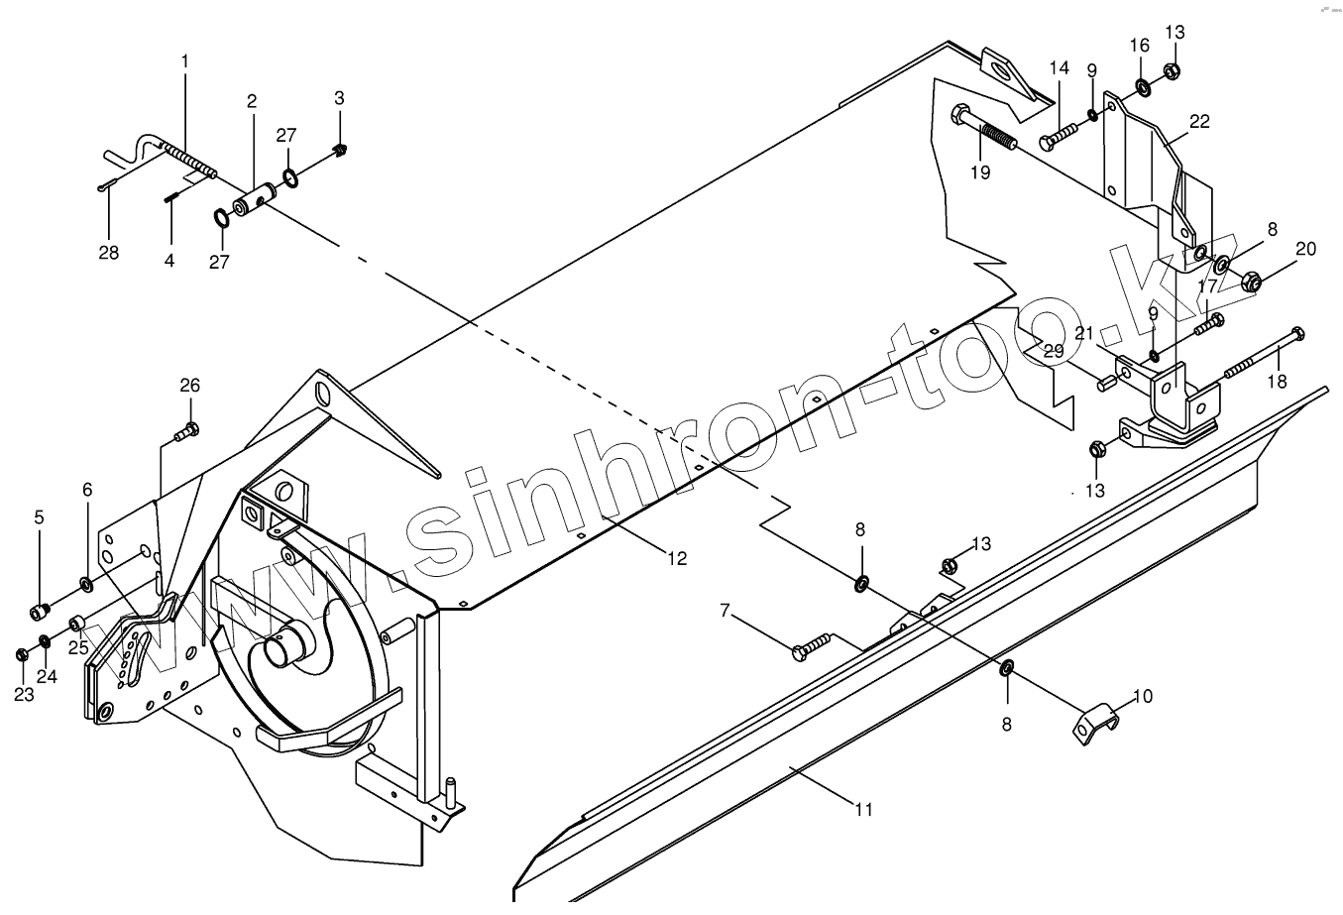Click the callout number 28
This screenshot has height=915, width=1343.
pos(108,253)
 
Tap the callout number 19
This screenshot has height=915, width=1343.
pos(980,172)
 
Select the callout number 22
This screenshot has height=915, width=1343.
pos(1199,121)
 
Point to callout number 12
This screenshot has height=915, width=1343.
pos(676,558)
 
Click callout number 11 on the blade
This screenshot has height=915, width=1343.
pos(864,809)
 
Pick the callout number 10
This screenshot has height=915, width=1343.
pos(1142,697)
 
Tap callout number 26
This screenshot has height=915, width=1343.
pos(189,385)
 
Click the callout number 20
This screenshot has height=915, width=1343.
pos(1305,249)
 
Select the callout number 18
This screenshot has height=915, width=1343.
pos(1277,380)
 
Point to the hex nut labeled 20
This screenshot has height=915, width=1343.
pos(1251,283)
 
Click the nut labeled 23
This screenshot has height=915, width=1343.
pos(22,654)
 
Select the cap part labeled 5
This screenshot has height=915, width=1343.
pos(40,610)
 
